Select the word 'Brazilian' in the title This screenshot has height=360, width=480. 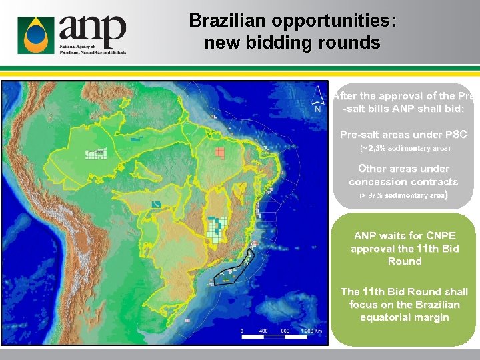click(x=223, y=21)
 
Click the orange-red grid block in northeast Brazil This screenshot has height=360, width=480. click(x=219, y=152)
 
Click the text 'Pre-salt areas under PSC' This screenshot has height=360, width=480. click(x=403, y=135)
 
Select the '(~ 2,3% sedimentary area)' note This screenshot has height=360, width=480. click(x=405, y=148)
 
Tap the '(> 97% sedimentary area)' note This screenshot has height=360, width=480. click(x=403, y=195)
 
